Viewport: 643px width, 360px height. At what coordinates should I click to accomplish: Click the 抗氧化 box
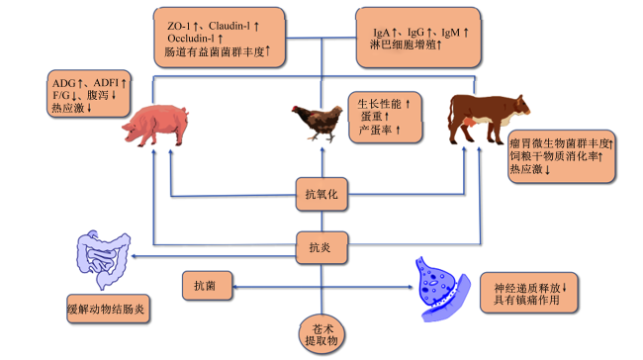[321, 194]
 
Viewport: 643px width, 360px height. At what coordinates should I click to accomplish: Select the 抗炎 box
[321, 247]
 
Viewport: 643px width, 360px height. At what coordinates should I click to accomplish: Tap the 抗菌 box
[207, 286]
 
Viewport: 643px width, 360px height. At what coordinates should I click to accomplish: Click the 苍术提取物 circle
[321, 335]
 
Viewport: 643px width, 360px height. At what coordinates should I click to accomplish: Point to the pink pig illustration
[155, 125]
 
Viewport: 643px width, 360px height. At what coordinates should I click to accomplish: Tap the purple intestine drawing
[103, 259]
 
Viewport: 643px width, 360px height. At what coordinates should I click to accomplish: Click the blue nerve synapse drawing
[442, 289]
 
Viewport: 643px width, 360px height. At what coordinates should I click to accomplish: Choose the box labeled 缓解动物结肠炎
[108, 309]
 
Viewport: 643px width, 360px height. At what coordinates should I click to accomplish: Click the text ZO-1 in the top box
[179, 26]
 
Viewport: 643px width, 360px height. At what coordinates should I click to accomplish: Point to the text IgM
[451, 33]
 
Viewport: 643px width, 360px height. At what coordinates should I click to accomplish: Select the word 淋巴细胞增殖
[403, 45]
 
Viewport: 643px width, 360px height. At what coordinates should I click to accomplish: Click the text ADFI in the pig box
[106, 83]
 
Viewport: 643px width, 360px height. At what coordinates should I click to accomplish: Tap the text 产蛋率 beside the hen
[375, 130]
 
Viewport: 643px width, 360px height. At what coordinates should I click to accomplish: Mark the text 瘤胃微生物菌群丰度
[559, 143]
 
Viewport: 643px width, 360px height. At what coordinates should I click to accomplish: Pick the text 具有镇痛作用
[526, 300]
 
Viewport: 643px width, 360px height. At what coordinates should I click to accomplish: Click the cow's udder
[469, 123]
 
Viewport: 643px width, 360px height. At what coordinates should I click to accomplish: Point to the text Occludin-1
[191, 39]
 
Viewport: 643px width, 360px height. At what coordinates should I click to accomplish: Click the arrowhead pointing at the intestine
[134, 257]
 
